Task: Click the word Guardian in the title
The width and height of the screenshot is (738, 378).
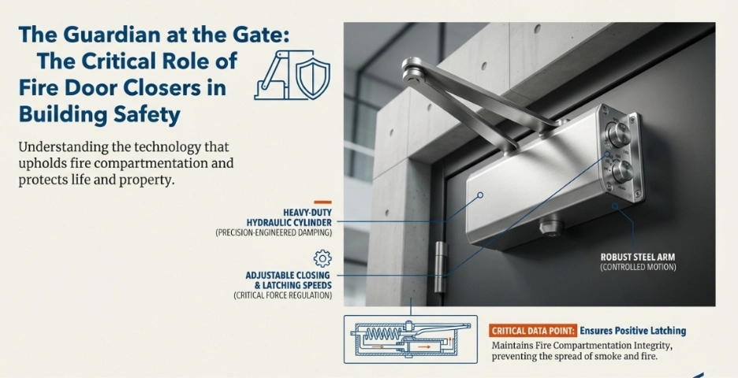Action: [x=95, y=35]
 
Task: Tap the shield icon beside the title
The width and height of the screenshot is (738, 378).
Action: [x=312, y=79]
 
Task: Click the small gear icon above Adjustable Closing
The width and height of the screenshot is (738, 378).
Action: [x=322, y=258]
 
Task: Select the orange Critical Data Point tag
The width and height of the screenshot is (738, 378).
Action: [x=533, y=331]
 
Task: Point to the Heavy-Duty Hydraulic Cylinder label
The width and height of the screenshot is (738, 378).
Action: [x=289, y=217]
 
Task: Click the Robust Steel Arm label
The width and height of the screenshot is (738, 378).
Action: [x=638, y=258]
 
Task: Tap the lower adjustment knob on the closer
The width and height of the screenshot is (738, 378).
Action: [x=622, y=172]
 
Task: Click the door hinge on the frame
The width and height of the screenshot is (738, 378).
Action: [x=440, y=267]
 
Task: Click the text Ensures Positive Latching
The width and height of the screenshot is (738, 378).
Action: [x=632, y=331]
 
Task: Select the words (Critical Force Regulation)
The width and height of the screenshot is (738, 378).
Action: [x=283, y=295]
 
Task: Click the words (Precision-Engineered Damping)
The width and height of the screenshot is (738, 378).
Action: [x=274, y=232]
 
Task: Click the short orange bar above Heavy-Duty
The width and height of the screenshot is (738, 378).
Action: [x=322, y=202]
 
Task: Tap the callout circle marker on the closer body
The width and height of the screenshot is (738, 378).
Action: [x=480, y=195]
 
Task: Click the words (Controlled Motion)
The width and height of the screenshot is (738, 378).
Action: [x=638, y=267]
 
